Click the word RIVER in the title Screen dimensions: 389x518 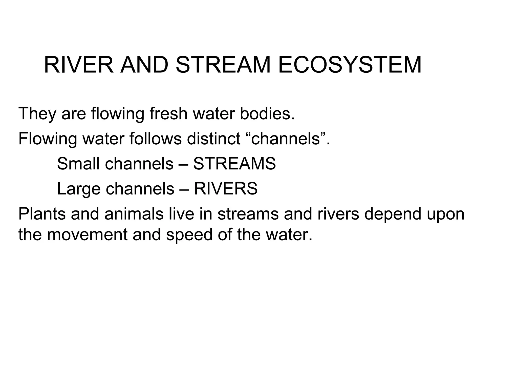point(79,65)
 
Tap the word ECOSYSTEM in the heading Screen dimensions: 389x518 point(350,65)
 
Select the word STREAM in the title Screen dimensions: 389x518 point(223,65)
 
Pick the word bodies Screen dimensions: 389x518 point(267,114)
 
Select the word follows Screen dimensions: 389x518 point(155,139)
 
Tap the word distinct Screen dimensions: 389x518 point(214,139)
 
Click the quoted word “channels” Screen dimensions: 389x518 point(286,139)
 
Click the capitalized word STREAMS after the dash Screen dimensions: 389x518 point(234,164)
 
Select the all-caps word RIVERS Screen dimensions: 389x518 point(226,189)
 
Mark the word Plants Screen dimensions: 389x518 point(42,214)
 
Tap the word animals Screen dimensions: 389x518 point(134,214)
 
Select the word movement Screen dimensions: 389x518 point(87,235)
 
